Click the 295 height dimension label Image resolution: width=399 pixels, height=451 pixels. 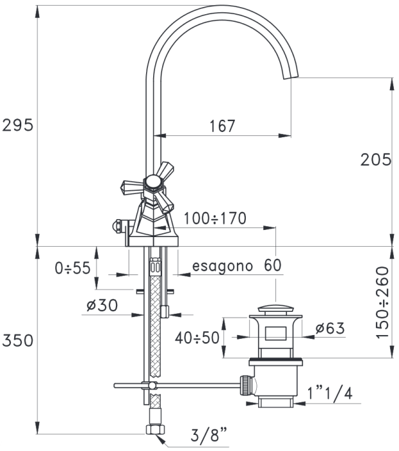click(17, 125)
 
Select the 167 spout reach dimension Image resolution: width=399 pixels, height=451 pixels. click(222, 126)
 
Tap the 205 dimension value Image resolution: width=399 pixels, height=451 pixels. click(376, 159)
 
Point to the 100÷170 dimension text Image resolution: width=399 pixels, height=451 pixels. click(215, 218)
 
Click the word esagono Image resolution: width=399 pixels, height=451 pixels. click(222, 266)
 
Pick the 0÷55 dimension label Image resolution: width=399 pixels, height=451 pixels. click(73, 268)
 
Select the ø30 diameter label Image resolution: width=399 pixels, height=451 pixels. click(102, 305)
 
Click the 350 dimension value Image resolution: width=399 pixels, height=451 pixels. click(17, 340)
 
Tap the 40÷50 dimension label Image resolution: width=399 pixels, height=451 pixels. click(197, 338)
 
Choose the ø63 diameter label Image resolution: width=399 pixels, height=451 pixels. click(330, 328)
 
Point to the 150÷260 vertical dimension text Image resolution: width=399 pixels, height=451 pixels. click(382, 303)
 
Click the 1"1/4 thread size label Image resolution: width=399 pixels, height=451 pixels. click(329, 393)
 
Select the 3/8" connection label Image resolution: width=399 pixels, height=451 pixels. click(209, 435)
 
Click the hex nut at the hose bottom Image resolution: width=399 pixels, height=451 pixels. click(155, 430)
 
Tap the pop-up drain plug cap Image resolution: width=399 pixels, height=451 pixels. click(276, 309)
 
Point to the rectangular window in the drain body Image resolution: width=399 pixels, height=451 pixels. click(276, 333)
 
